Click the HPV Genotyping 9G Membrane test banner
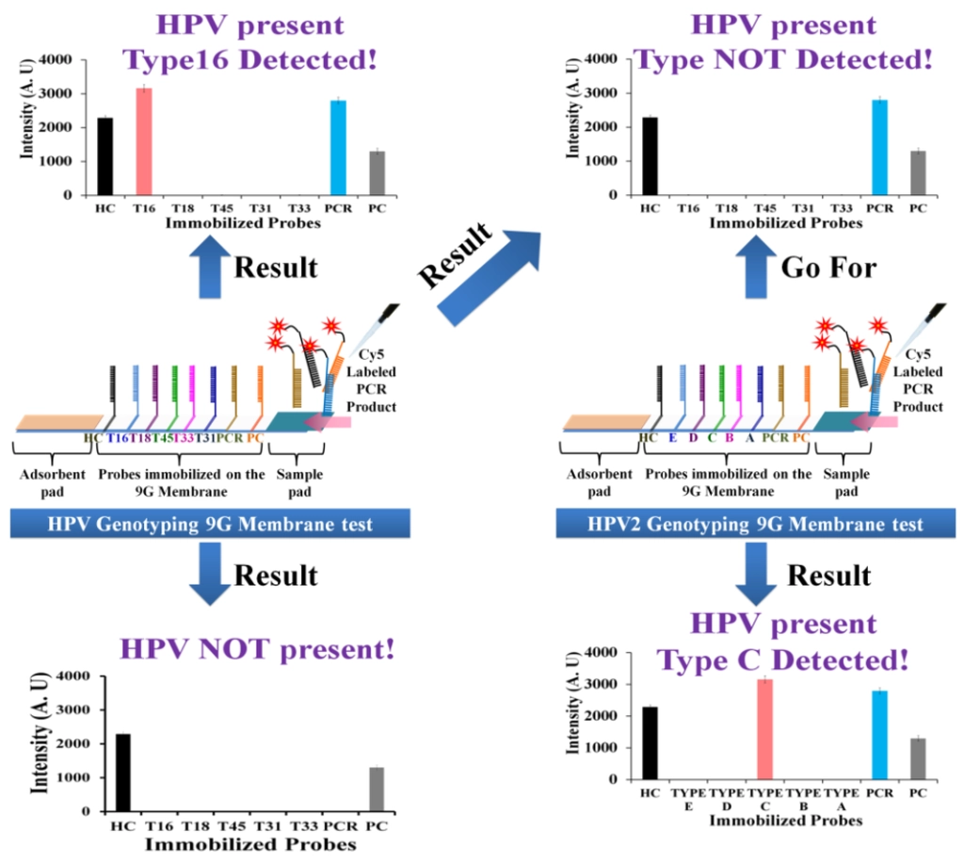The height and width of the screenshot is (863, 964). pyautogui.click(x=210, y=524)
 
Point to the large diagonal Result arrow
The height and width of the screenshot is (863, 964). pyautogui.click(x=481, y=272)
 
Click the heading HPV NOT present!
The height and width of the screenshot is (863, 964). pyautogui.click(x=256, y=649)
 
